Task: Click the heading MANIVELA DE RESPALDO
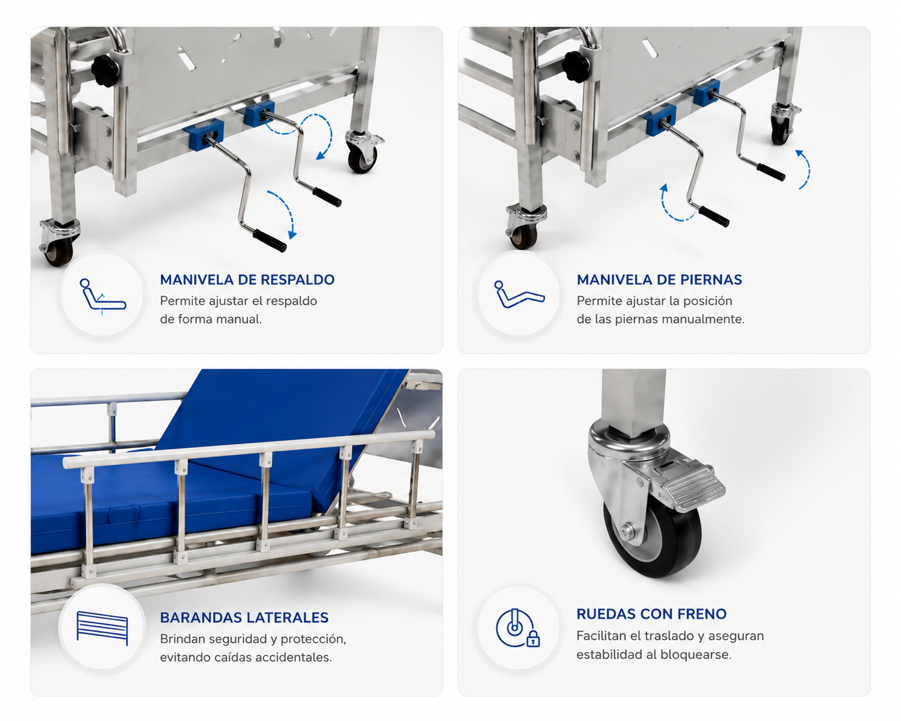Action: (x=247, y=280)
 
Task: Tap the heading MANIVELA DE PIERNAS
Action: (x=659, y=280)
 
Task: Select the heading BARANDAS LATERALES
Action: (x=244, y=618)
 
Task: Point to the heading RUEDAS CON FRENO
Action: (x=651, y=614)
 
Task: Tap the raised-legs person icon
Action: (x=519, y=294)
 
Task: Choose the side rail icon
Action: (x=102, y=628)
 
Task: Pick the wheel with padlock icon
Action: (x=517, y=628)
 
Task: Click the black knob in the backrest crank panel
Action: (x=105, y=71)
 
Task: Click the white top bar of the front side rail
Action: (x=249, y=449)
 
